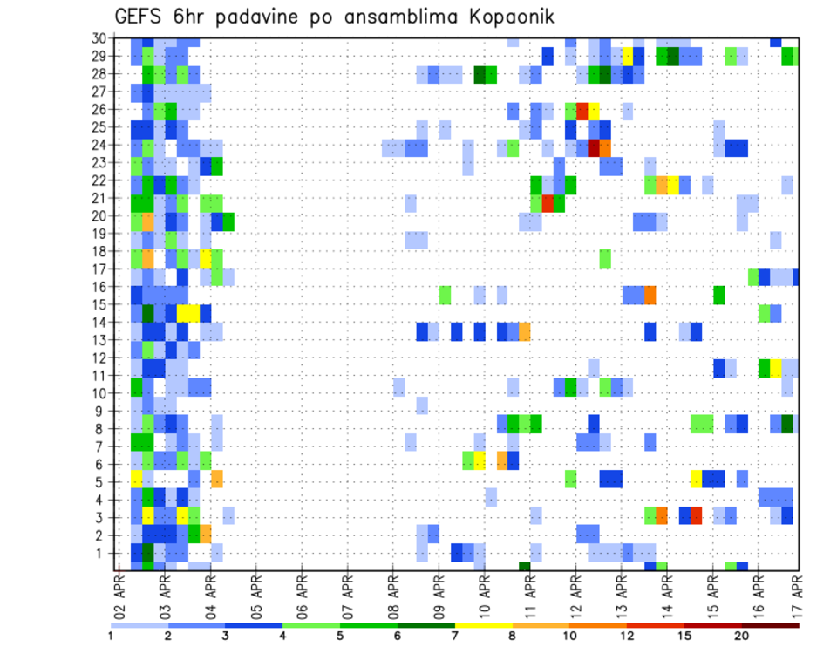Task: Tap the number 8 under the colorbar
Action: point(511,636)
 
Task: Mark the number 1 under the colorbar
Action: point(111,636)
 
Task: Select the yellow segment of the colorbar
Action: point(482,625)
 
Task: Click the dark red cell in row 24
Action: point(594,147)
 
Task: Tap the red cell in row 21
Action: point(548,202)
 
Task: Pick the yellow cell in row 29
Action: point(627,56)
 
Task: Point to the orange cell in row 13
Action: point(525,331)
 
